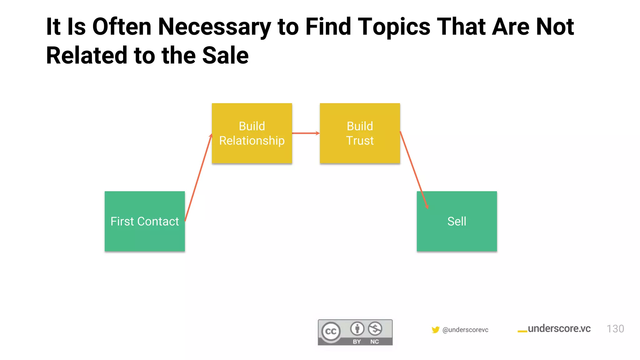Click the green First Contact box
145,221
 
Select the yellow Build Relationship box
252,133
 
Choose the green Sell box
457,221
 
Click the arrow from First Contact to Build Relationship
199,177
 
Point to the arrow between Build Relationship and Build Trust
306,133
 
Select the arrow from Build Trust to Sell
413,169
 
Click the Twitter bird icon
435,330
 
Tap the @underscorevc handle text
465,330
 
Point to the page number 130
615,329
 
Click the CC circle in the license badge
331,331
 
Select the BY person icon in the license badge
357,329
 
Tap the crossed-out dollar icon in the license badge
375,329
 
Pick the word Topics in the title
394,27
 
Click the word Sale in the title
225,56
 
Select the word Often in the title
122,27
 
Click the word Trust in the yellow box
360,141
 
